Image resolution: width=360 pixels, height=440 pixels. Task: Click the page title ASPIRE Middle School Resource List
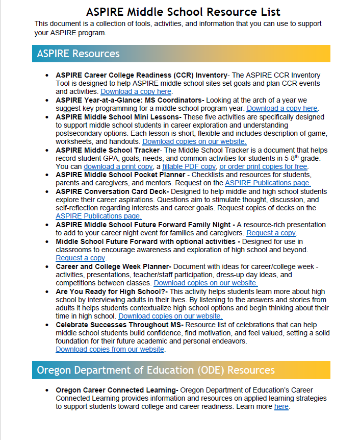point(183,12)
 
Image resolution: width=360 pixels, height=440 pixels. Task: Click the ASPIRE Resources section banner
point(181,54)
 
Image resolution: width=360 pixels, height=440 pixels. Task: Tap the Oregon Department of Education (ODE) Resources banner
point(181,370)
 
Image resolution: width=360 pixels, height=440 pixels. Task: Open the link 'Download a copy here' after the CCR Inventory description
point(136,91)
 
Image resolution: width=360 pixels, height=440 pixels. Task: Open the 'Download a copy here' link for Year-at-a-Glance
point(282,108)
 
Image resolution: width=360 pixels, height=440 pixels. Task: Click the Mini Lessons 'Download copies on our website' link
point(194,141)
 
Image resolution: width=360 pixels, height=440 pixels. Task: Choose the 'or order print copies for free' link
point(263,166)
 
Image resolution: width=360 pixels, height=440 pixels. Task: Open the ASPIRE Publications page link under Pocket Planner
point(268,183)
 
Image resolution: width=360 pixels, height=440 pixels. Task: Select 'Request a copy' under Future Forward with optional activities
point(80,258)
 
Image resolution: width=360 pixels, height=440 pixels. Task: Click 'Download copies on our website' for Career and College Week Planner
point(205,283)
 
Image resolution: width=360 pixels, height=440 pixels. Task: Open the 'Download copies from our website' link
point(110,350)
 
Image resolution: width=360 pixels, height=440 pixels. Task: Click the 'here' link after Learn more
point(281,407)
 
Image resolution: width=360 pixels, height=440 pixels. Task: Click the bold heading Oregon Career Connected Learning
point(116,390)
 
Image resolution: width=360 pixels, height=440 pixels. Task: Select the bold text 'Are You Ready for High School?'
point(108,291)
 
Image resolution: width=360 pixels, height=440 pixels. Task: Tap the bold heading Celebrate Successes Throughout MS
point(119,325)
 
